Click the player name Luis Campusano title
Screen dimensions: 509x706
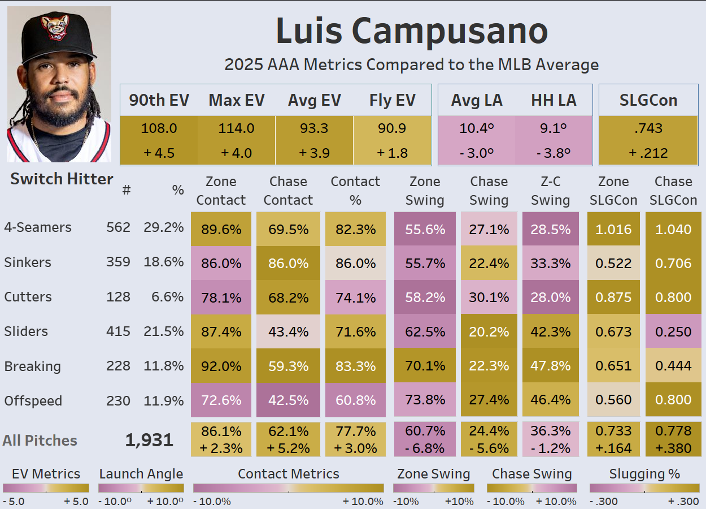412,31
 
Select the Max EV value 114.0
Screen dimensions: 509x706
236,128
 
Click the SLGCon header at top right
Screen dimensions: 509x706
648,100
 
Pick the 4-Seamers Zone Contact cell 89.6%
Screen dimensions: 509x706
220,229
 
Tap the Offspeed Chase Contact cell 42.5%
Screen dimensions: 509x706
288,400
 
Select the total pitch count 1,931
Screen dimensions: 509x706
149,440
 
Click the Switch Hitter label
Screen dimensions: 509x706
62,179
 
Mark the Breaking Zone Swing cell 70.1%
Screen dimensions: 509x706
425,366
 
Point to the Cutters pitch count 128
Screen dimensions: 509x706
118,297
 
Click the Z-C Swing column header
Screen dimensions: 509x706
550,191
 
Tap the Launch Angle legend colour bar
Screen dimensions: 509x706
141,488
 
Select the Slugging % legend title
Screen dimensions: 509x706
637,474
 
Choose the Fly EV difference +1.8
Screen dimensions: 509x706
391,153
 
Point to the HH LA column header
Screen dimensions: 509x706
554,100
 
